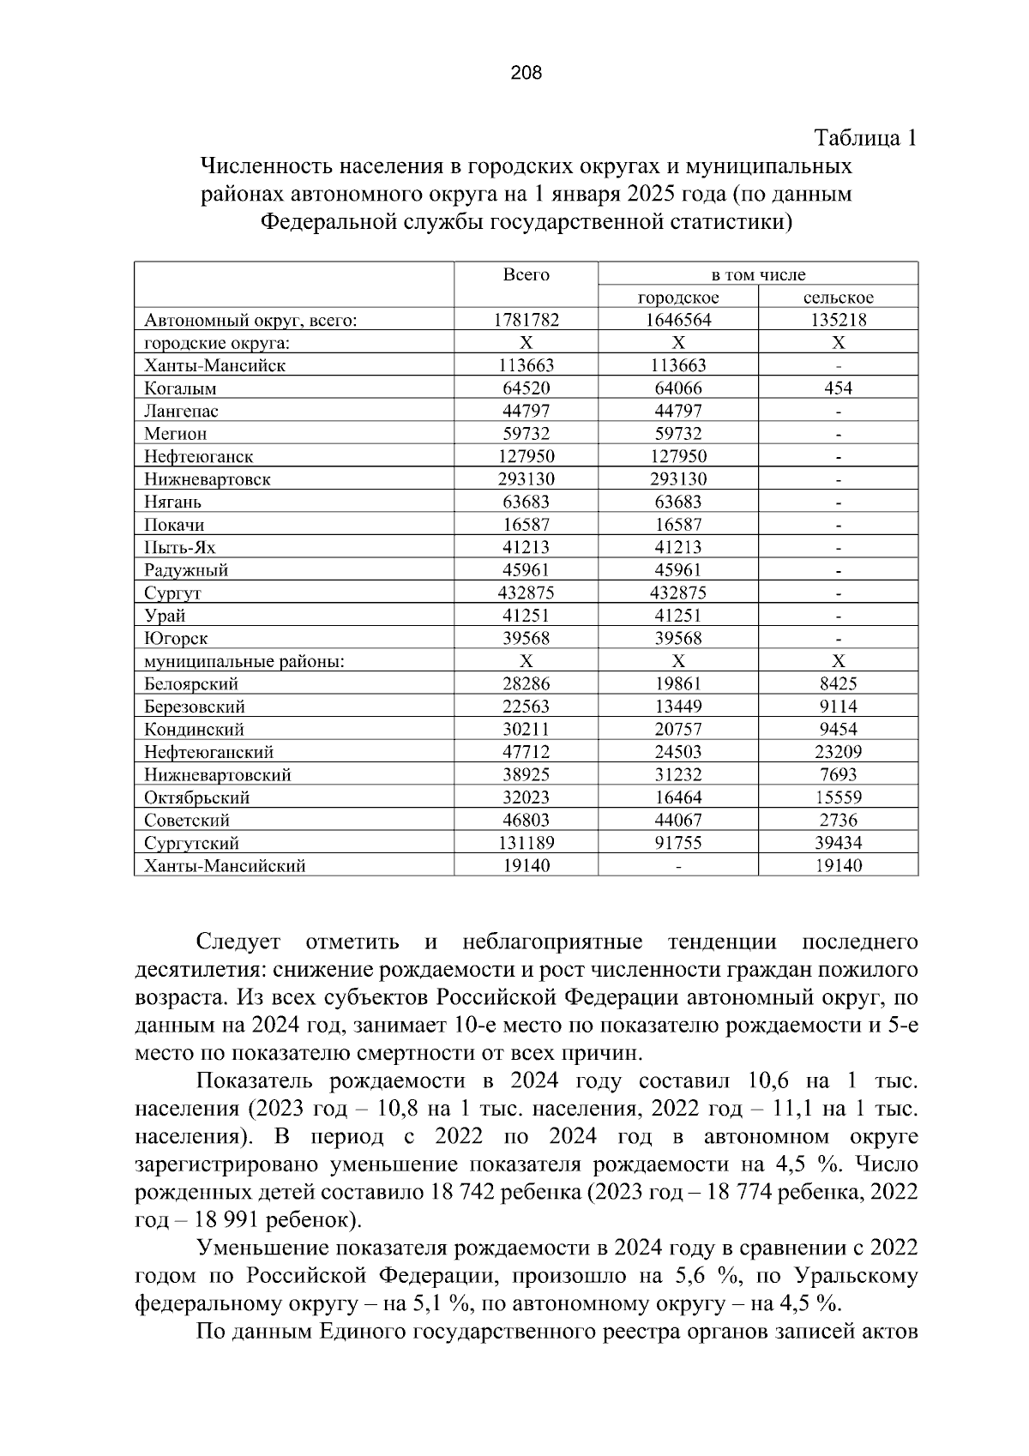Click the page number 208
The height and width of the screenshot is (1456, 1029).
526,74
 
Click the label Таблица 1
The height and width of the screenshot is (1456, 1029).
865,138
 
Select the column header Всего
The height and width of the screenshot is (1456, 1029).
526,275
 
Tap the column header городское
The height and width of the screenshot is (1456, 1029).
677,298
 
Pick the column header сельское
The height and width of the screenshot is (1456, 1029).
838,298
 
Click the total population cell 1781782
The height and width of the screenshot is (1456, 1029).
526,321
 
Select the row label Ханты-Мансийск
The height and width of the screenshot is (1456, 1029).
214,366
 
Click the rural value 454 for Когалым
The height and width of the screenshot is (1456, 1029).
838,388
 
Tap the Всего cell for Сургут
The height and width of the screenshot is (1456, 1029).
526,593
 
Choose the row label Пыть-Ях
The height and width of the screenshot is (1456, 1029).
179,548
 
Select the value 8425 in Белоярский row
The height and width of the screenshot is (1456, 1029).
838,684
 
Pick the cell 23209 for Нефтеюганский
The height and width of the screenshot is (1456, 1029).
838,752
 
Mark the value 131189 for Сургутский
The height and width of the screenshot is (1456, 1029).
526,843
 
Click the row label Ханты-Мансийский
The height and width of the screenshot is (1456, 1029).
225,866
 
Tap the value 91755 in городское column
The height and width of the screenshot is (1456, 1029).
677,843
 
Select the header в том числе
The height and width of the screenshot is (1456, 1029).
758,275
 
